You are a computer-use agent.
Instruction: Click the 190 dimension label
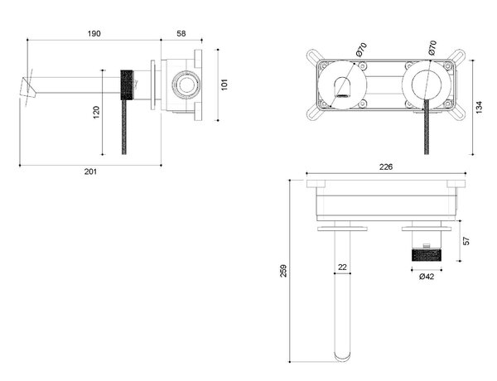(94, 33)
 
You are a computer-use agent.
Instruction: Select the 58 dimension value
(181, 33)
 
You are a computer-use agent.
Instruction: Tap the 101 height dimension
(224, 84)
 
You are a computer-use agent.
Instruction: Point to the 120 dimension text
(96, 112)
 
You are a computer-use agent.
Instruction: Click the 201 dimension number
(90, 171)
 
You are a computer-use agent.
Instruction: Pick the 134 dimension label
(479, 107)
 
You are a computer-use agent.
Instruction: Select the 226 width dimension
(386, 166)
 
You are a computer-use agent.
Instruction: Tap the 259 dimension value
(283, 271)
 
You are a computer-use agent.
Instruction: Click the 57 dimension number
(466, 241)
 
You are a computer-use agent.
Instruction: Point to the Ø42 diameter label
(427, 277)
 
